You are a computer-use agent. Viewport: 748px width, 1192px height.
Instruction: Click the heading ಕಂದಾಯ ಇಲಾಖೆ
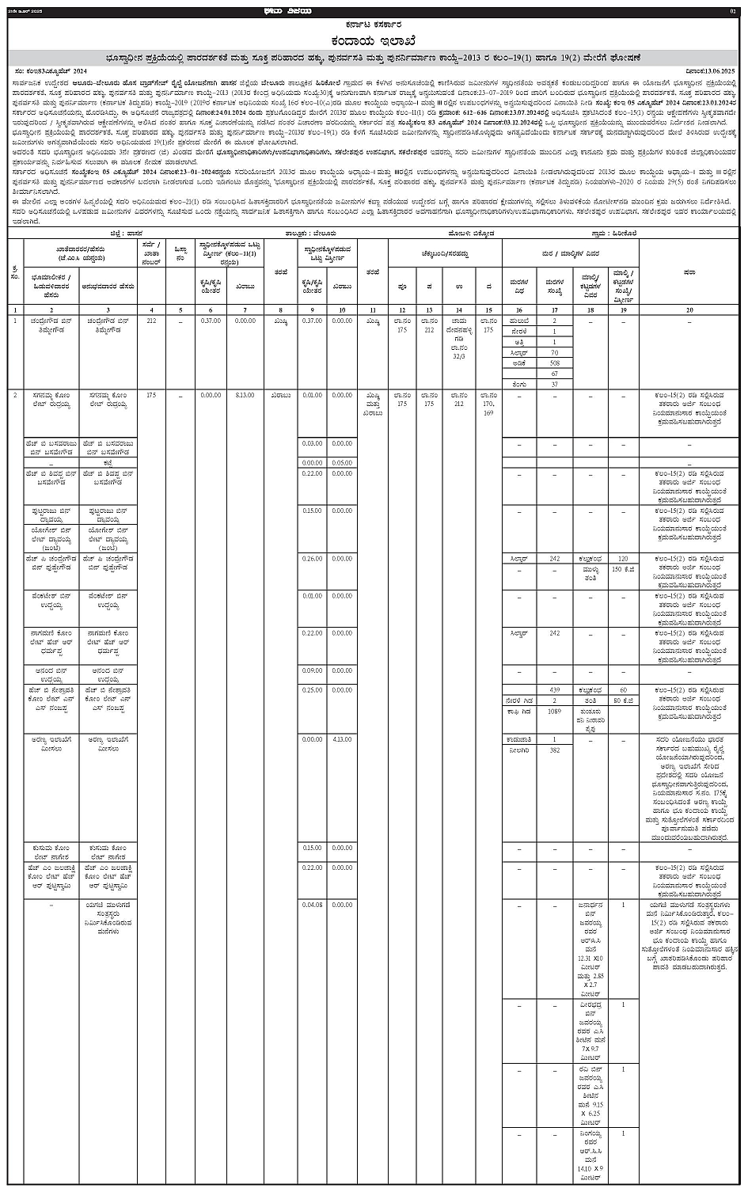point(374,40)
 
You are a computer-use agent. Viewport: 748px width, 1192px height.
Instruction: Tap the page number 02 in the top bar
point(733,11)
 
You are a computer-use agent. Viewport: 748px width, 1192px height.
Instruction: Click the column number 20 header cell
point(689,309)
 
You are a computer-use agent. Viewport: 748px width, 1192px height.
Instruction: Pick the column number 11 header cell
point(373,309)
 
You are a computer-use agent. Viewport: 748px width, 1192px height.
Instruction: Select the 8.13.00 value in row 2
point(245,393)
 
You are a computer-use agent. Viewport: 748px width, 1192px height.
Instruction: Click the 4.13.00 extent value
point(342,739)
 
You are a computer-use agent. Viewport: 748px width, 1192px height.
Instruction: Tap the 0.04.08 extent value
point(312,904)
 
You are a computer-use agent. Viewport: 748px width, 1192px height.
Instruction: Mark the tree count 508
point(555,363)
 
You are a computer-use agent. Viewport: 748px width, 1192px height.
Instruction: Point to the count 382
point(555,750)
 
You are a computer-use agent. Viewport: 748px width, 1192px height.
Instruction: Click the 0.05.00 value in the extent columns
point(342,462)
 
